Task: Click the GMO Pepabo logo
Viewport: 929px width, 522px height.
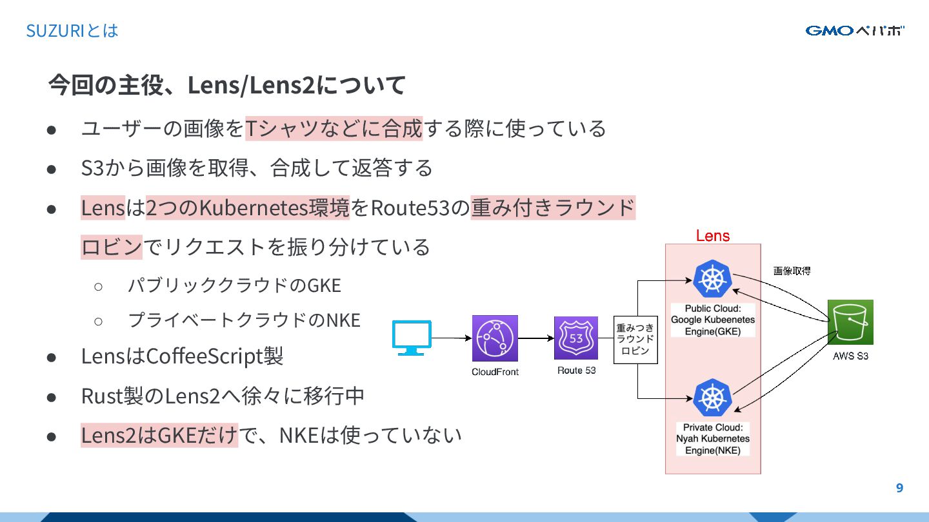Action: coord(854,30)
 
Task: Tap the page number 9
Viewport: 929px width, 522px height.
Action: coord(899,488)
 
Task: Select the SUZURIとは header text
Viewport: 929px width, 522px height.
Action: coord(72,30)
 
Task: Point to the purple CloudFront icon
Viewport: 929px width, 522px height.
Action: coord(495,338)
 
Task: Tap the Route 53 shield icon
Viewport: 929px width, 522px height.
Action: coord(575,338)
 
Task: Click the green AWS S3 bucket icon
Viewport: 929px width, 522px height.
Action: coord(850,322)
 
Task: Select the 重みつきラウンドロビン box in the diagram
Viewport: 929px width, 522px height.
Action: coord(635,340)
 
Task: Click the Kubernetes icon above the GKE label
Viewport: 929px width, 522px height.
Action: coord(713,279)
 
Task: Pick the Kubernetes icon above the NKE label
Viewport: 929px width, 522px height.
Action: coord(713,398)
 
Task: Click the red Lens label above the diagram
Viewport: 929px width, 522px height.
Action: coord(713,236)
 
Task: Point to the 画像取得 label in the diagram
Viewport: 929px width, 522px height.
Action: coord(792,271)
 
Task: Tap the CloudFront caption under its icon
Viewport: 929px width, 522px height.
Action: coord(495,372)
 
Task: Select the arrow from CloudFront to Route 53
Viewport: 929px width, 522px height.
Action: coord(535,338)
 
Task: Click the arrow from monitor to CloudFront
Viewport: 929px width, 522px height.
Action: coord(452,338)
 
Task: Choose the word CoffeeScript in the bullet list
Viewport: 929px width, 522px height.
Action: coord(205,356)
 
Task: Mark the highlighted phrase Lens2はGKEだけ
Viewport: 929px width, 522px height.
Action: coord(159,435)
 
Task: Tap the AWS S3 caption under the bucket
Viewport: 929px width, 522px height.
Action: coord(850,356)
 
